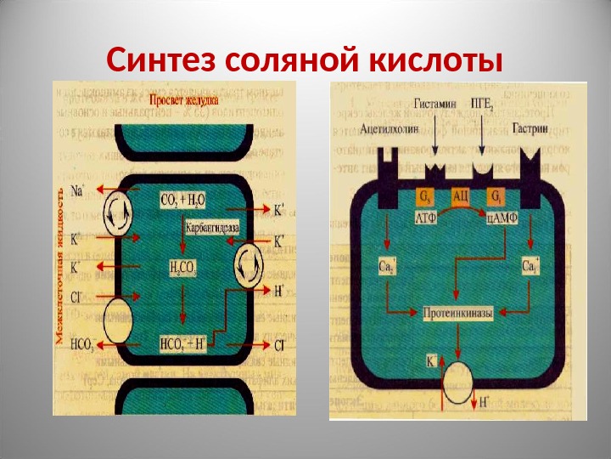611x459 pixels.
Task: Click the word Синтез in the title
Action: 162,61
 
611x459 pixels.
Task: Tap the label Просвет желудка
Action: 184,100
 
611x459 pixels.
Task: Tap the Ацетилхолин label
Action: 388,129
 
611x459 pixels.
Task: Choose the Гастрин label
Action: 530,129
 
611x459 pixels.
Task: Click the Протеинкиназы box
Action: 458,314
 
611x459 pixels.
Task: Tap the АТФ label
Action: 426,218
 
